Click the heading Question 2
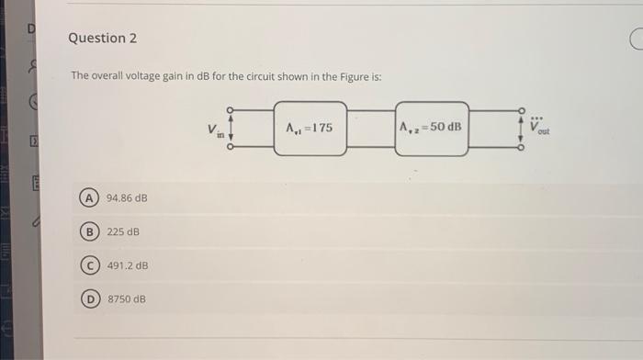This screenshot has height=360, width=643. (x=102, y=38)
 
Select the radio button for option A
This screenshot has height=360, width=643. (x=90, y=197)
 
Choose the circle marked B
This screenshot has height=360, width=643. (x=90, y=231)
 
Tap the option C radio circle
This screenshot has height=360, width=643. (x=90, y=265)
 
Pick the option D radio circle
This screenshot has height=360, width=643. (x=90, y=299)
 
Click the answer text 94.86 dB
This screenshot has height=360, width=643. (x=127, y=197)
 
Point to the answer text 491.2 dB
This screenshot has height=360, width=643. (x=128, y=265)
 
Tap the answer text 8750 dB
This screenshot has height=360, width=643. (x=127, y=299)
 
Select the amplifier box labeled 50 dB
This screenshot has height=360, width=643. (x=432, y=129)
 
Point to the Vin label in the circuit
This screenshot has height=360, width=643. (x=213, y=129)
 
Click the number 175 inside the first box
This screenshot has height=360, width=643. (x=321, y=129)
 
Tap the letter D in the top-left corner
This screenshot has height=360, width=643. (x=30, y=28)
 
